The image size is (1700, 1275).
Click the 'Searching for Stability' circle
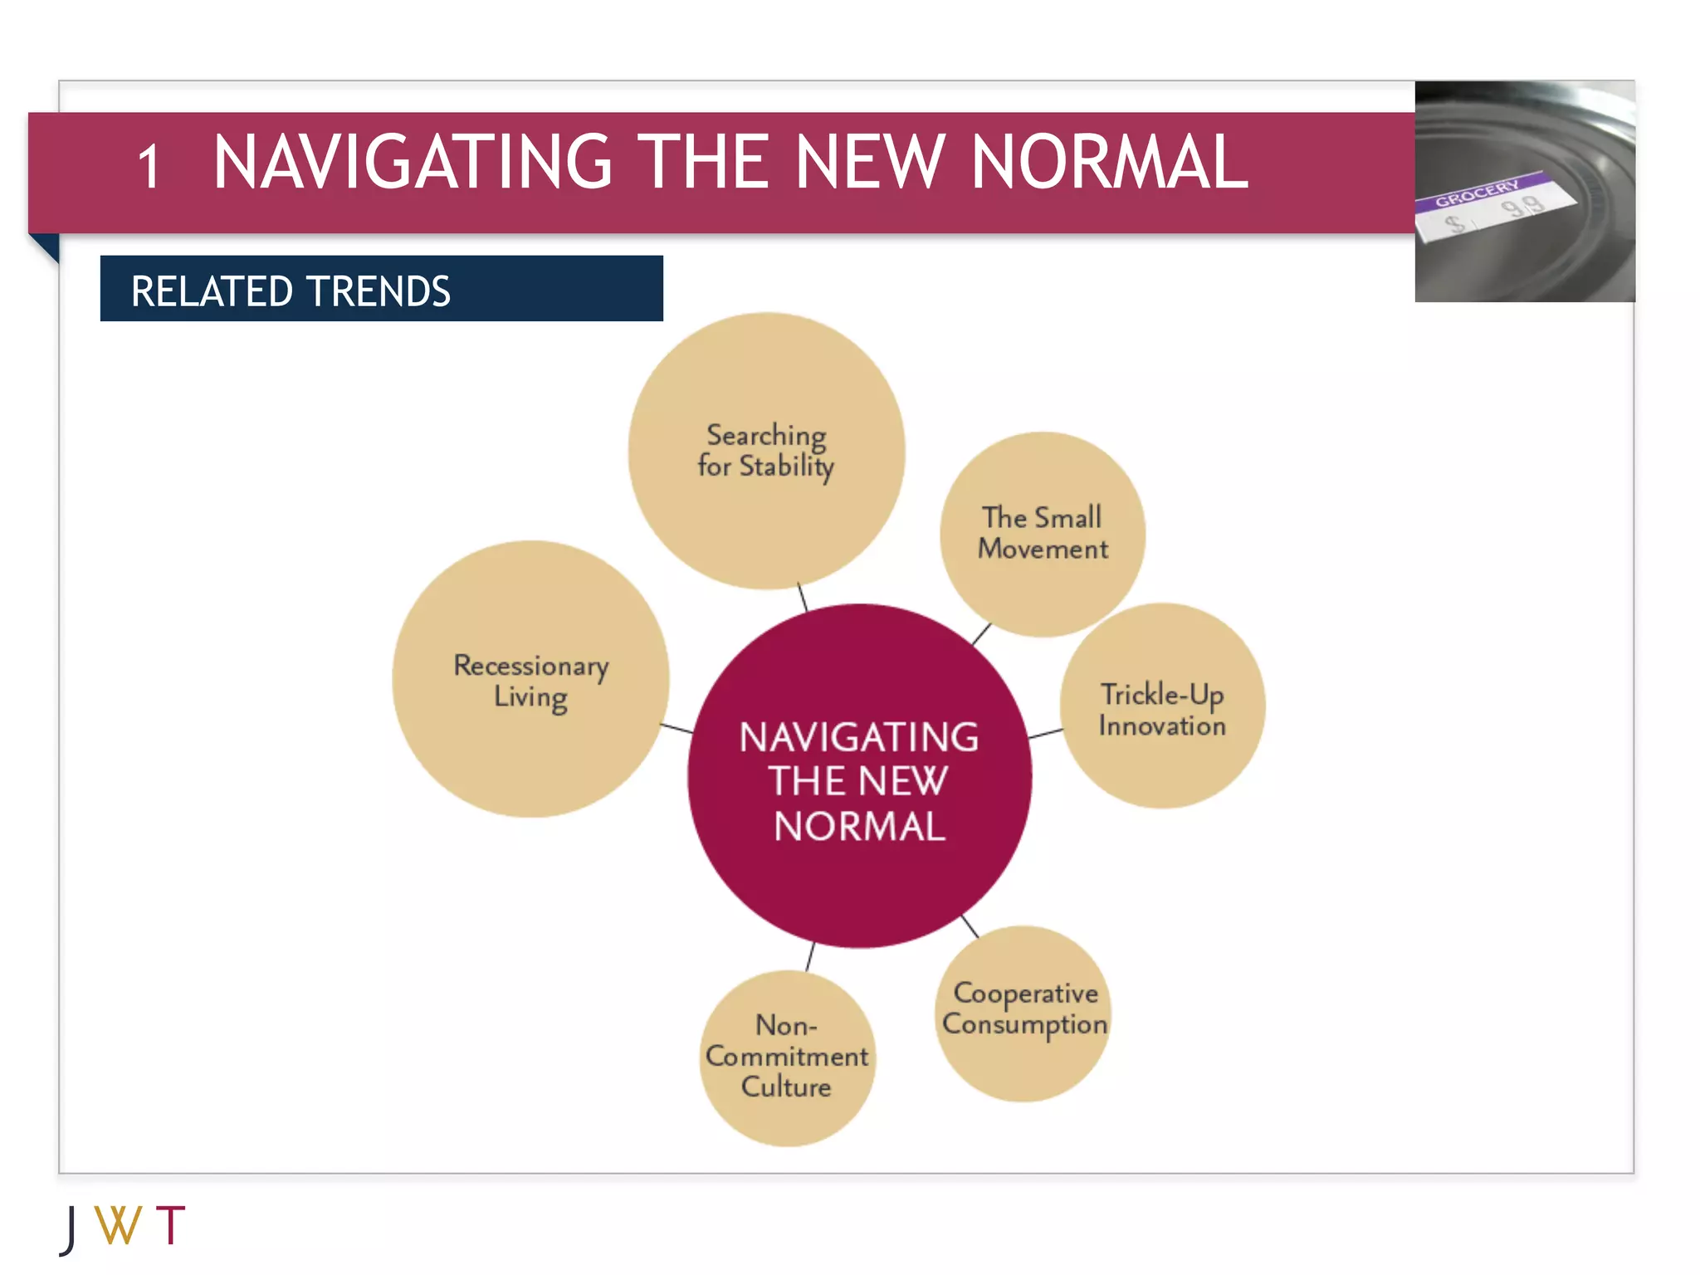coord(766,451)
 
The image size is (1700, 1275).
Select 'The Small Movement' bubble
coord(1043,534)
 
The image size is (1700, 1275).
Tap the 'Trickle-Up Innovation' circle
coord(1162,706)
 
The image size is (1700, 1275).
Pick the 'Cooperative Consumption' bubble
coord(1023,1013)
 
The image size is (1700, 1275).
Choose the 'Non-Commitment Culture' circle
coord(787,1058)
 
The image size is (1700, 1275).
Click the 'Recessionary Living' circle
coord(530,679)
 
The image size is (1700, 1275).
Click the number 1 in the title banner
coord(149,167)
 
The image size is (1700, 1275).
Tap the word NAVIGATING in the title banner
coord(413,162)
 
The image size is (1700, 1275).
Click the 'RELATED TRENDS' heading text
coord(291,291)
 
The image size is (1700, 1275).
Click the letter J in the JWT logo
coord(70,1229)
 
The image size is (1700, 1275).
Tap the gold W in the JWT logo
coord(118,1225)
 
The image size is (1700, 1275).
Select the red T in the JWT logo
coord(170,1225)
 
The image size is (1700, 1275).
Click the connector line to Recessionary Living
coord(677,728)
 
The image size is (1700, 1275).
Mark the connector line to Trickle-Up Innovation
coord(1045,733)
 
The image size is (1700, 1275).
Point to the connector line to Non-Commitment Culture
coord(810,957)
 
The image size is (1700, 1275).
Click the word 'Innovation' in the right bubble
coord(1162,726)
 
